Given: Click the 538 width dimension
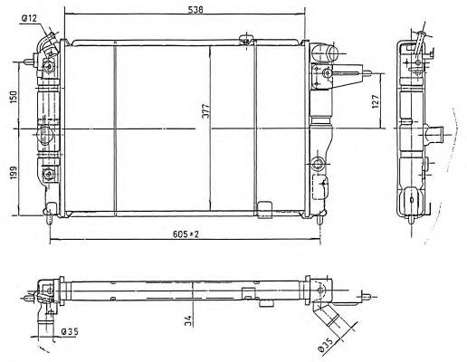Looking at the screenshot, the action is click(x=195, y=10).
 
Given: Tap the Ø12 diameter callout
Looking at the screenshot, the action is click(x=29, y=19).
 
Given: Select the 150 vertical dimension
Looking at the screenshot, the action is click(x=14, y=96).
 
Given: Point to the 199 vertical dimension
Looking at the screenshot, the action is click(x=14, y=174).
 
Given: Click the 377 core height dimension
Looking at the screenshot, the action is click(x=205, y=111).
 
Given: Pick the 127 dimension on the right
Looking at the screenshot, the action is click(x=375, y=101).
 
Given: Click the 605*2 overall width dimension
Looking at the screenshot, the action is click(x=186, y=233).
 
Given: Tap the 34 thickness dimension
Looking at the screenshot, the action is click(x=187, y=320).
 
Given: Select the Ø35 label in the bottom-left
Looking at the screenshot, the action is click(x=70, y=332).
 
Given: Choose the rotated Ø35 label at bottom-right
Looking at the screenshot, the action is click(x=326, y=345).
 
